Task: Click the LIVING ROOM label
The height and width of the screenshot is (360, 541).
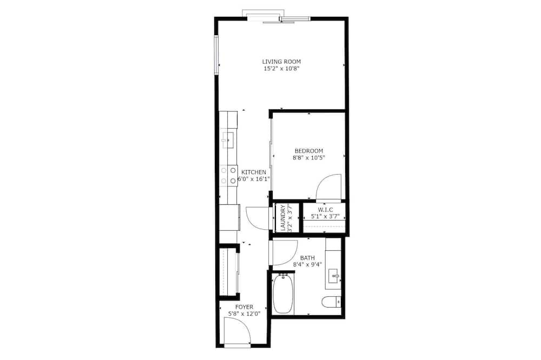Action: click(281, 62)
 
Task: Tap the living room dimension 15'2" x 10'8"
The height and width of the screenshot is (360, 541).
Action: click(281, 69)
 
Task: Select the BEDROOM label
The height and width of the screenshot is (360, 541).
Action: click(309, 151)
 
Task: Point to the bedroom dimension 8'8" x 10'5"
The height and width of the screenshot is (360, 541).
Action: click(309, 158)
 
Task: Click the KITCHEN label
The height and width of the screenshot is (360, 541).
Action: click(254, 172)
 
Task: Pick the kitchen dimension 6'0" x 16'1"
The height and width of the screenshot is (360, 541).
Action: click(254, 179)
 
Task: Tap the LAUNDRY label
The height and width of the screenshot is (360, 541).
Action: click(283, 218)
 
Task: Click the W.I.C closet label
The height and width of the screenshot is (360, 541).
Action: click(325, 210)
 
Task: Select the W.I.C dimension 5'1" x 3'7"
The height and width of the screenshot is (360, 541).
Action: click(325, 217)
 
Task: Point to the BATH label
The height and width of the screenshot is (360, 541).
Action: click(307, 258)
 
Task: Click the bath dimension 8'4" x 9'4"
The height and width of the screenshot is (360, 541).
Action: click(307, 265)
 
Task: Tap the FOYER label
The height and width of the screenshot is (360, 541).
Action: click(244, 307)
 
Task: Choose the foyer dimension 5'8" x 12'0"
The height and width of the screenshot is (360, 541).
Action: click(244, 314)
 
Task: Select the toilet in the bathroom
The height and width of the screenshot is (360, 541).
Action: click(332, 302)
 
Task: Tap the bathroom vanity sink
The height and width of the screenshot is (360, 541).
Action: click(334, 276)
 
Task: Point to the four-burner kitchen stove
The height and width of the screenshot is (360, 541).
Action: click(228, 176)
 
